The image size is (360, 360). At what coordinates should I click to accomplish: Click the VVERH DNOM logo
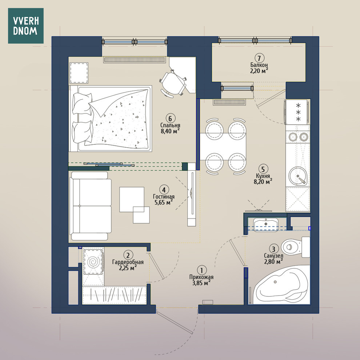click(26, 26)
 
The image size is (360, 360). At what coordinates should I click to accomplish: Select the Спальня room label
click(170, 125)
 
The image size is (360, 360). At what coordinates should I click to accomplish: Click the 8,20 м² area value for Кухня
click(263, 181)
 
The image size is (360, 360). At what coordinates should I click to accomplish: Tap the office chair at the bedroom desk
click(173, 83)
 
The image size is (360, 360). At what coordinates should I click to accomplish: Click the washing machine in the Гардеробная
click(93, 262)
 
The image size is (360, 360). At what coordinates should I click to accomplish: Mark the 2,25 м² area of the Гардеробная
click(128, 268)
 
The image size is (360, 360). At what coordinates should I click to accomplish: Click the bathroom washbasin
click(266, 224)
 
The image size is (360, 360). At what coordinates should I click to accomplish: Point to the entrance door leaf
click(175, 321)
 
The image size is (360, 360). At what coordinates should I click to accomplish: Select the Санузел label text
click(273, 256)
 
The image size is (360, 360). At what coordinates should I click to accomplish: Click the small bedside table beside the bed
click(79, 73)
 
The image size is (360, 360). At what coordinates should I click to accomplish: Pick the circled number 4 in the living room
click(164, 190)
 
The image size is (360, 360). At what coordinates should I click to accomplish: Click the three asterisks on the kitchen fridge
click(298, 112)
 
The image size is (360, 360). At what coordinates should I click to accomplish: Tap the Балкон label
click(259, 65)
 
